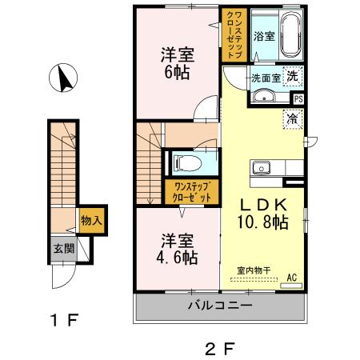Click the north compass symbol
coord(62,80)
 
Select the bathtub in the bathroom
coord(286,34)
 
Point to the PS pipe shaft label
coord(298,99)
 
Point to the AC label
coord(292,278)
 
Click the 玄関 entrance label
coord(64,249)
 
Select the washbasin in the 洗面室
coord(263,98)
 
